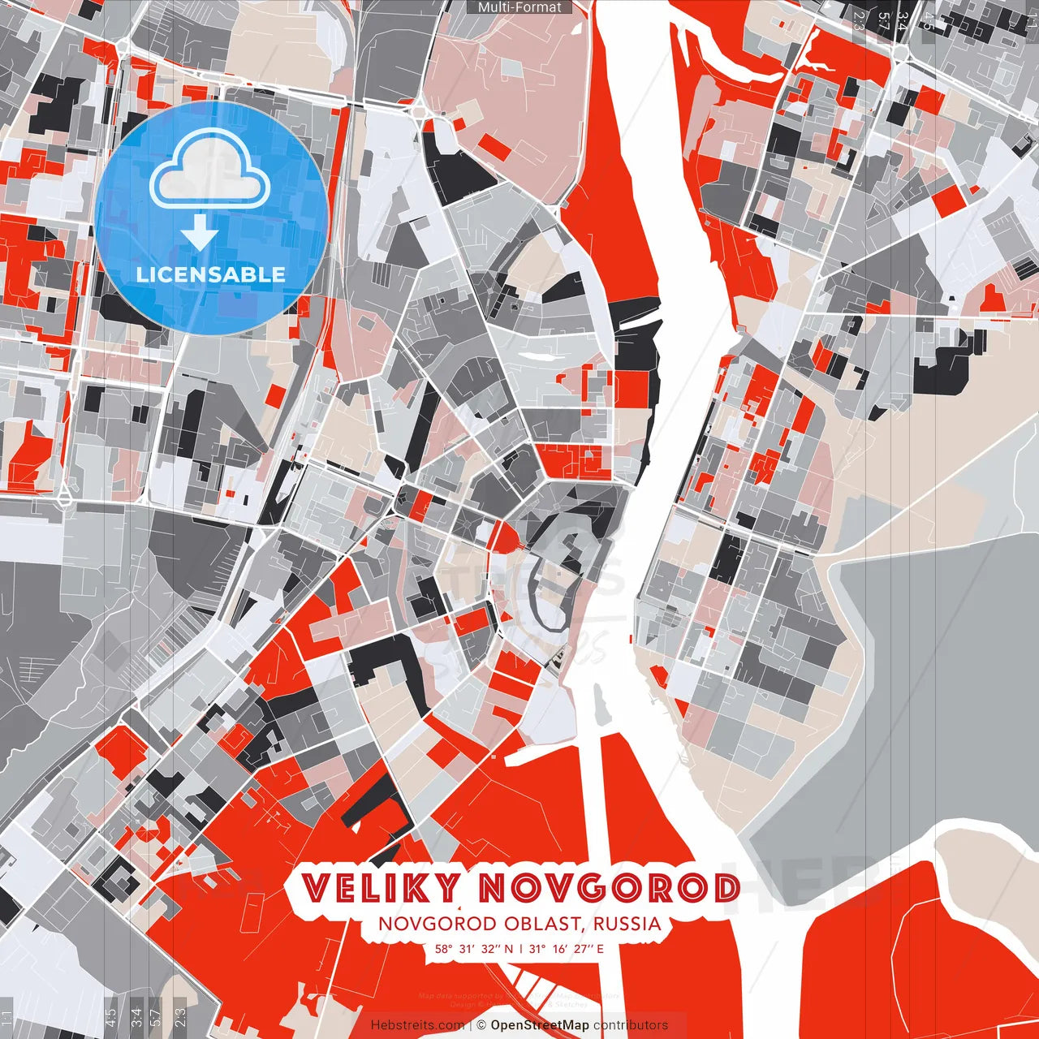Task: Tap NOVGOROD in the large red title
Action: click(x=608, y=888)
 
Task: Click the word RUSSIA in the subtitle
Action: click(x=627, y=924)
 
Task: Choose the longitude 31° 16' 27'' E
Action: click(x=567, y=948)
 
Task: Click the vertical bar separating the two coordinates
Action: click(x=521, y=948)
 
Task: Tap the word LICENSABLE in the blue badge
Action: click(x=211, y=274)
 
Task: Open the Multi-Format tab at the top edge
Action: click(x=519, y=7)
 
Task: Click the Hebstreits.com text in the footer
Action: click(x=417, y=1025)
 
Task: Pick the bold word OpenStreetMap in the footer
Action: click(x=540, y=1025)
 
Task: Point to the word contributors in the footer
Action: click(x=631, y=1025)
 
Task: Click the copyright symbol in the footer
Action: click(x=481, y=1025)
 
